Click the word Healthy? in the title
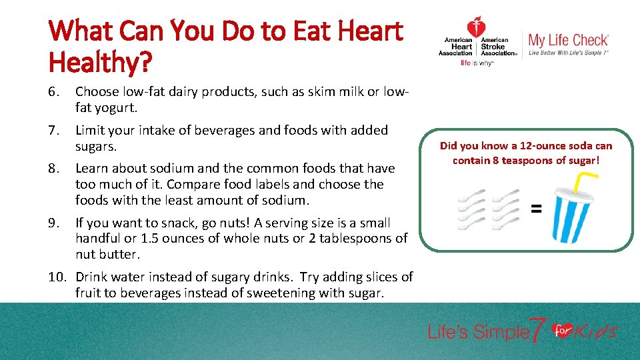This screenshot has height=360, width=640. pyautogui.click(x=101, y=64)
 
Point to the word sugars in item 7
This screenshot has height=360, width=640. pyautogui.click(x=95, y=145)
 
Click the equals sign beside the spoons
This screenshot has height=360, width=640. pyautogui.click(x=535, y=209)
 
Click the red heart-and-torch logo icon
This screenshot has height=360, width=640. pyautogui.click(x=476, y=28)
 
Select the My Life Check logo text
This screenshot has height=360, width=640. pyautogui.click(x=568, y=41)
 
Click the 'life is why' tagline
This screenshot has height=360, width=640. pyautogui.click(x=476, y=63)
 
